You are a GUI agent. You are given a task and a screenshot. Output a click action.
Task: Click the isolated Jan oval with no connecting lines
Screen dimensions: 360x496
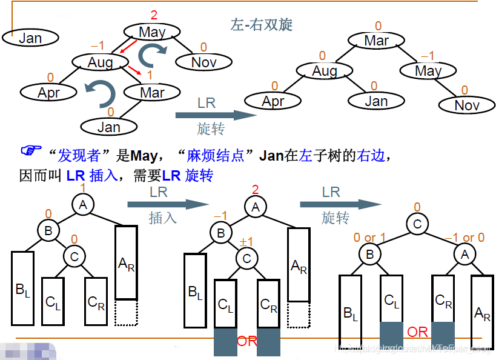pyautogui.click(x=30, y=38)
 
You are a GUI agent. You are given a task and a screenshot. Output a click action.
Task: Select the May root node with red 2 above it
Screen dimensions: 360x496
pyautogui.click(x=152, y=32)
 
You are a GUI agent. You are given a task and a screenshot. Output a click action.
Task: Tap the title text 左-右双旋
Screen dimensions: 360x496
pyautogui.click(x=262, y=24)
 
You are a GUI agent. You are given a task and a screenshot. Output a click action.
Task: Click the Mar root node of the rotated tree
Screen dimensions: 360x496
pyautogui.click(x=377, y=41)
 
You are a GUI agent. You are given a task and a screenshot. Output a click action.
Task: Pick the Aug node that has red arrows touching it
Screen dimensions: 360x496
pyautogui.click(x=101, y=62)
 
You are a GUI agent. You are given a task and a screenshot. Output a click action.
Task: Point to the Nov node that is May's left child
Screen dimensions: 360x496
pyautogui.click(x=204, y=62)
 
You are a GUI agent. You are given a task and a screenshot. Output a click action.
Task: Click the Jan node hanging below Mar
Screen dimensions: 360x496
pyautogui.click(x=109, y=127)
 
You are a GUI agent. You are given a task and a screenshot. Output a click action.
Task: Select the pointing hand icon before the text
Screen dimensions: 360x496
pyautogui.click(x=31, y=152)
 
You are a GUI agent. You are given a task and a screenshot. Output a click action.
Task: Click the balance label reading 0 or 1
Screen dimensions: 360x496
pyautogui.click(x=369, y=238)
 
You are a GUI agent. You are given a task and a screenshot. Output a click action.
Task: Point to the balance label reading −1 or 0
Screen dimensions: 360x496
pyautogui.click(x=465, y=238)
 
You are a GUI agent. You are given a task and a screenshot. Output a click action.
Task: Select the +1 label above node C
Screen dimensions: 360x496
pyautogui.click(x=245, y=242)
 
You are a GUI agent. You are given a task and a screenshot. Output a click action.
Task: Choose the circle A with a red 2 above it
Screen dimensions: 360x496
pyautogui.click(x=256, y=208)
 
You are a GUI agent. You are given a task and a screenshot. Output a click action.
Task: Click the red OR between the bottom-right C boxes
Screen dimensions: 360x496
pyautogui.click(x=417, y=332)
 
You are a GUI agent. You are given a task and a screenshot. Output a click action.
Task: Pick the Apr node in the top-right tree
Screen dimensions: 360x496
pyautogui.click(x=273, y=101)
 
